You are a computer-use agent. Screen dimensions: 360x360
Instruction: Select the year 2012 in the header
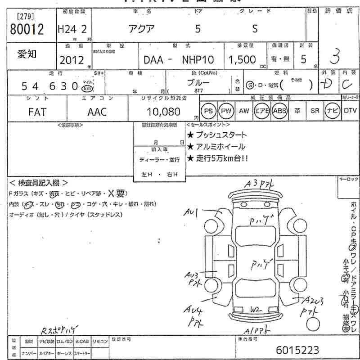pyautogui.click(x=72, y=59)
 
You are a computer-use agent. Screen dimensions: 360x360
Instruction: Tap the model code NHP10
pyautogui.click(x=198, y=59)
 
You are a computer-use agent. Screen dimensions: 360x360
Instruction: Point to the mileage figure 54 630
pyautogui.click(x=50, y=87)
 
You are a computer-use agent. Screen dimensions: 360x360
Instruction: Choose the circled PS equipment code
pyautogui.click(x=208, y=111)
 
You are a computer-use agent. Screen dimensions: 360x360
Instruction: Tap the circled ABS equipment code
pyautogui.click(x=279, y=111)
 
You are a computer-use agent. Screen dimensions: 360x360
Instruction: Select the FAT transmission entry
pyautogui.click(x=36, y=112)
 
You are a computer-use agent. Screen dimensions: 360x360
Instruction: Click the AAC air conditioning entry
pyautogui.click(x=97, y=112)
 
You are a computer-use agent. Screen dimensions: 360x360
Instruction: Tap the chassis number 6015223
pyautogui.click(x=298, y=350)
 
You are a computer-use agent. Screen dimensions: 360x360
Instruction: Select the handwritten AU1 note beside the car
pyautogui.click(x=192, y=211)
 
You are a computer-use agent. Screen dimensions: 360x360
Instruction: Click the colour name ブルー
pyautogui.click(x=198, y=83)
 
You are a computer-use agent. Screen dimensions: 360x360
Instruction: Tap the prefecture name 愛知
pyautogui.click(x=27, y=54)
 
